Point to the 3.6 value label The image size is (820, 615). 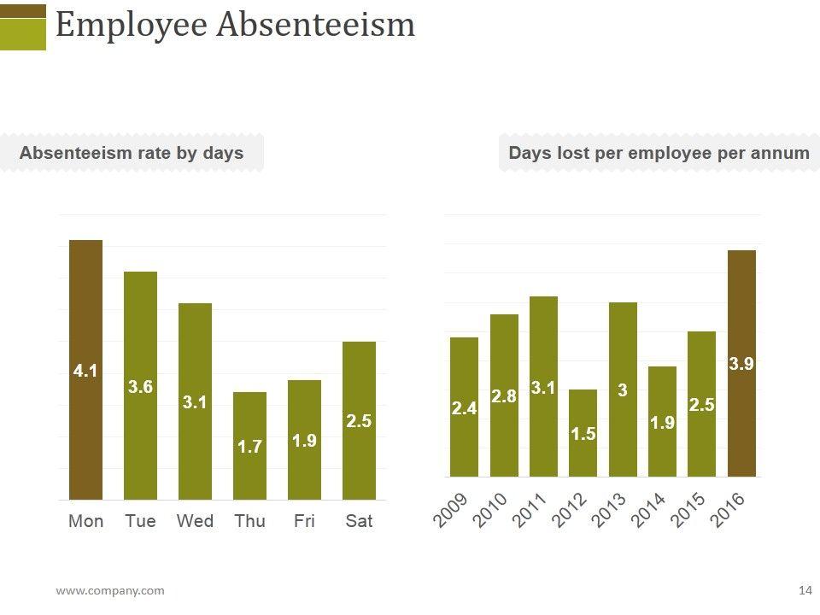point(140,387)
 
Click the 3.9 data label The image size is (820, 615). point(741,364)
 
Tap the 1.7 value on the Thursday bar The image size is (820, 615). point(249,446)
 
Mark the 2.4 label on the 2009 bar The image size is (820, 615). point(464,409)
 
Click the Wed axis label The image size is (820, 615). point(195,521)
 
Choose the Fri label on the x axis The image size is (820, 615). point(304,521)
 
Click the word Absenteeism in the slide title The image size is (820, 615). point(315,25)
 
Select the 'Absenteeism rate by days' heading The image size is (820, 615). point(132,153)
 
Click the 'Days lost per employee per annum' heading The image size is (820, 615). point(659,153)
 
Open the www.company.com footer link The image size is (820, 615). point(110,590)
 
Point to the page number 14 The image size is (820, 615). point(805,590)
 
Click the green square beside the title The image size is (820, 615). point(23,34)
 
